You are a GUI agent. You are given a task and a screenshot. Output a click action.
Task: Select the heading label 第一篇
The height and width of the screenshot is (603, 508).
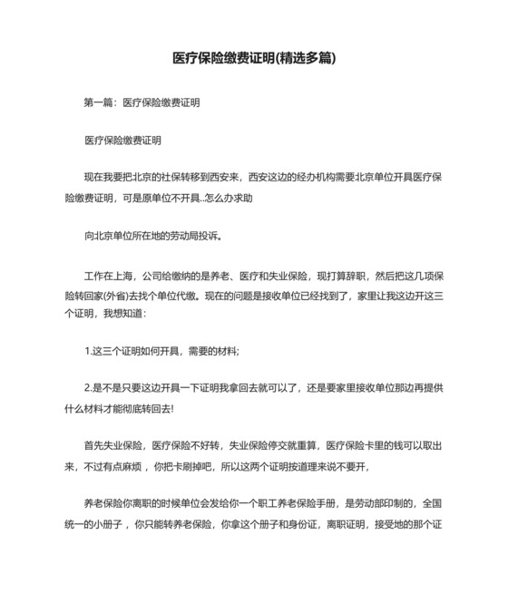pos(98,103)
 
